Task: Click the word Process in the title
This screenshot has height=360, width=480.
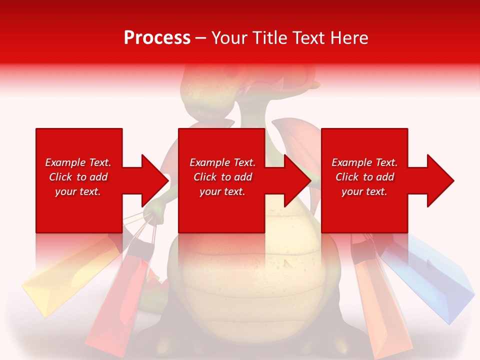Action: click(157, 38)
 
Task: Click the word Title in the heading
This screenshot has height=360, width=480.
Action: click(270, 38)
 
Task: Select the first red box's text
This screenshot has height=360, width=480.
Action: click(78, 177)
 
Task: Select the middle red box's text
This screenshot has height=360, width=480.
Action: click(222, 177)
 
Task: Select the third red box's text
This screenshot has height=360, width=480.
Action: click(364, 177)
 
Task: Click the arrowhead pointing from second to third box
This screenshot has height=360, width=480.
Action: click(297, 180)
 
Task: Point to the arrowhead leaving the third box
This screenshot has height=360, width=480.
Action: click(439, 180)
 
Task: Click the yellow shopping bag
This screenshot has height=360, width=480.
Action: click(60, 280)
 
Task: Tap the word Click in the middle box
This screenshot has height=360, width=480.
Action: click(204, 177)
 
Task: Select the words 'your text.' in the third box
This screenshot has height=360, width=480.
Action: click(364, 191)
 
